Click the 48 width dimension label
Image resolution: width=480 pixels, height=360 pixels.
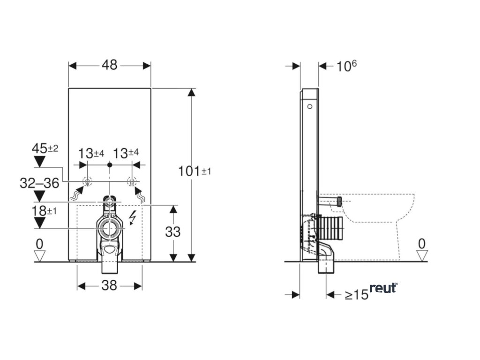(110, 65)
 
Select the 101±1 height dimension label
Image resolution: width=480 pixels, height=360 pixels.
(195, 171)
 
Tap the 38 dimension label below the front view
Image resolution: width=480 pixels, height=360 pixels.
(109, 285)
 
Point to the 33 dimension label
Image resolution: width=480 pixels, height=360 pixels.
(173, 232)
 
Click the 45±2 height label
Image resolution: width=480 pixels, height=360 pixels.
(45, 149)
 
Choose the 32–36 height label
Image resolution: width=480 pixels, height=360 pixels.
(39, 183)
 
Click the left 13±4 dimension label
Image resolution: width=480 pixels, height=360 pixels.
(91, 153)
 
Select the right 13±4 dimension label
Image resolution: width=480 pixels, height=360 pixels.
(126, 153)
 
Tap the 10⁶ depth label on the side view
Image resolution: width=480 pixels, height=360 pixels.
(346, 66)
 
